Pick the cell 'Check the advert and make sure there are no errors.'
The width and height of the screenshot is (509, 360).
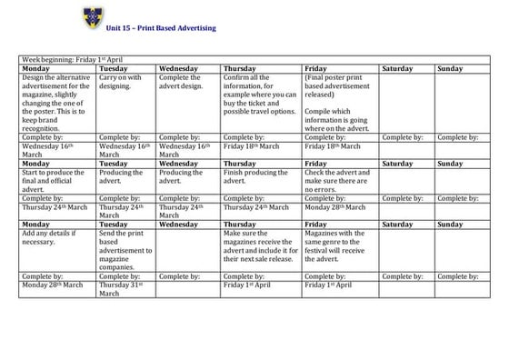click(338, 179)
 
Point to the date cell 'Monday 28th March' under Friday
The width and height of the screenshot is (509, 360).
click(338, 207)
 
